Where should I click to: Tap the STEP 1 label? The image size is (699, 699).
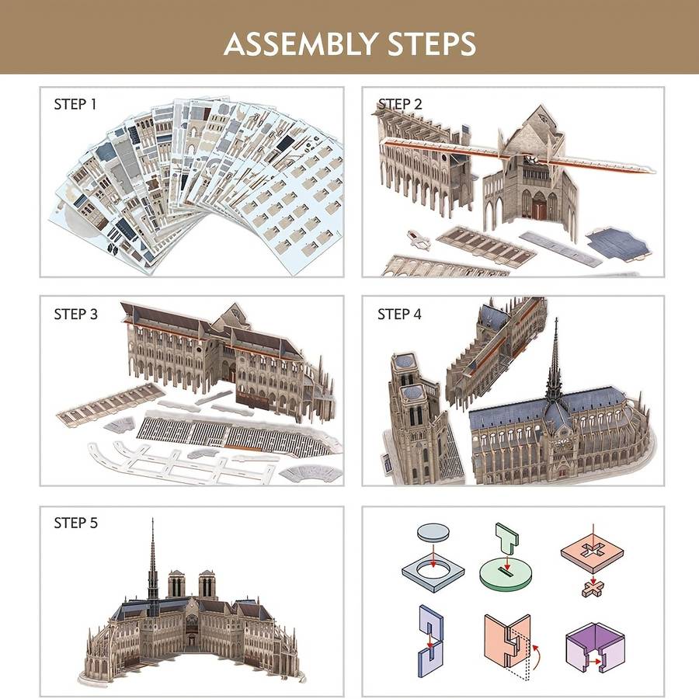(x=75, y=104)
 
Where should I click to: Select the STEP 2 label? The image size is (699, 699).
(x=399, y=104)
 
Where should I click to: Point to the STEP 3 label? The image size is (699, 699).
(x=75, y=314)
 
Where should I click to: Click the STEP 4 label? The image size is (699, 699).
(x=399, y=314)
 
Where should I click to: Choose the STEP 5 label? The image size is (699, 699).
(x=75, y=523)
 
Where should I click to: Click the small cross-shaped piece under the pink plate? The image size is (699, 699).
(x=593, y=588)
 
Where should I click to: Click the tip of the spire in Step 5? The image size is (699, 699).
(x=152, y=523)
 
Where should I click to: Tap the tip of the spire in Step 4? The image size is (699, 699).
(x=555, y=320)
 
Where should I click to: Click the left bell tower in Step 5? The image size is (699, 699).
(x=176, y=584)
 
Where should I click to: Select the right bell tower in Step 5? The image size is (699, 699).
(x=207, y=584)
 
